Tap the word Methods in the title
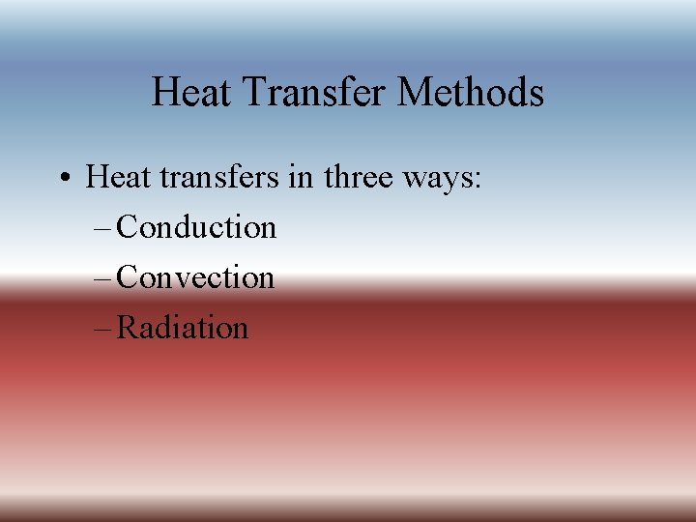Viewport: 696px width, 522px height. pos(471,93)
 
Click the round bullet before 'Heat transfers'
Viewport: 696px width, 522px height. pos(62,178)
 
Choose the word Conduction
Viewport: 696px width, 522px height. pos(196,227)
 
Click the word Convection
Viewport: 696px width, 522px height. pos(195,277)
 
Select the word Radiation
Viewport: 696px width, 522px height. pos(183,328)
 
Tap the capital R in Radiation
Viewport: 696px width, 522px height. pos(127,328)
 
